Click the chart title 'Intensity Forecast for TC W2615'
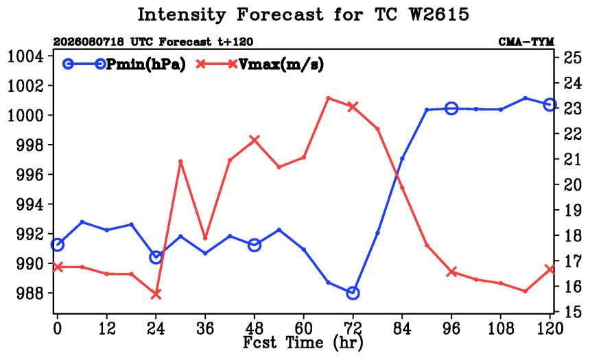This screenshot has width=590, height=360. (303, 15)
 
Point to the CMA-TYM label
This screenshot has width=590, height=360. (526, 41)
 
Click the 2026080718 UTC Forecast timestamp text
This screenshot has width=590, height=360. (153, 41)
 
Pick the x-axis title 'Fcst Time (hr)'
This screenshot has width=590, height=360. (303, 342)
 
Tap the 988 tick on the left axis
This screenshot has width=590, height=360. (29, 293)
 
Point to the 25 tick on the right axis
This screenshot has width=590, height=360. (572, 58)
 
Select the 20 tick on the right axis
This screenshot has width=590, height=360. (572, 184)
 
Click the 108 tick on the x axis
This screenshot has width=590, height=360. (501, 328)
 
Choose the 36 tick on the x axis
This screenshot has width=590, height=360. (205, 328)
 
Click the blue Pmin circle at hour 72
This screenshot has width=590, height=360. (353, 293)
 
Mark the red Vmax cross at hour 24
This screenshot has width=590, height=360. (156, 294)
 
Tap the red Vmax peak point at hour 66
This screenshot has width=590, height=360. (328, 98)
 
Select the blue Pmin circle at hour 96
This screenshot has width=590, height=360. (451, 108)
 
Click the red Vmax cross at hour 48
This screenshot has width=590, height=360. (255, 141)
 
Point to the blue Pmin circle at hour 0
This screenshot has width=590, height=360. (58, 245)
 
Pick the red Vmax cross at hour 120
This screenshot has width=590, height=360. (550, 269)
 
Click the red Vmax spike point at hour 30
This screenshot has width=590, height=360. (180, 161)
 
